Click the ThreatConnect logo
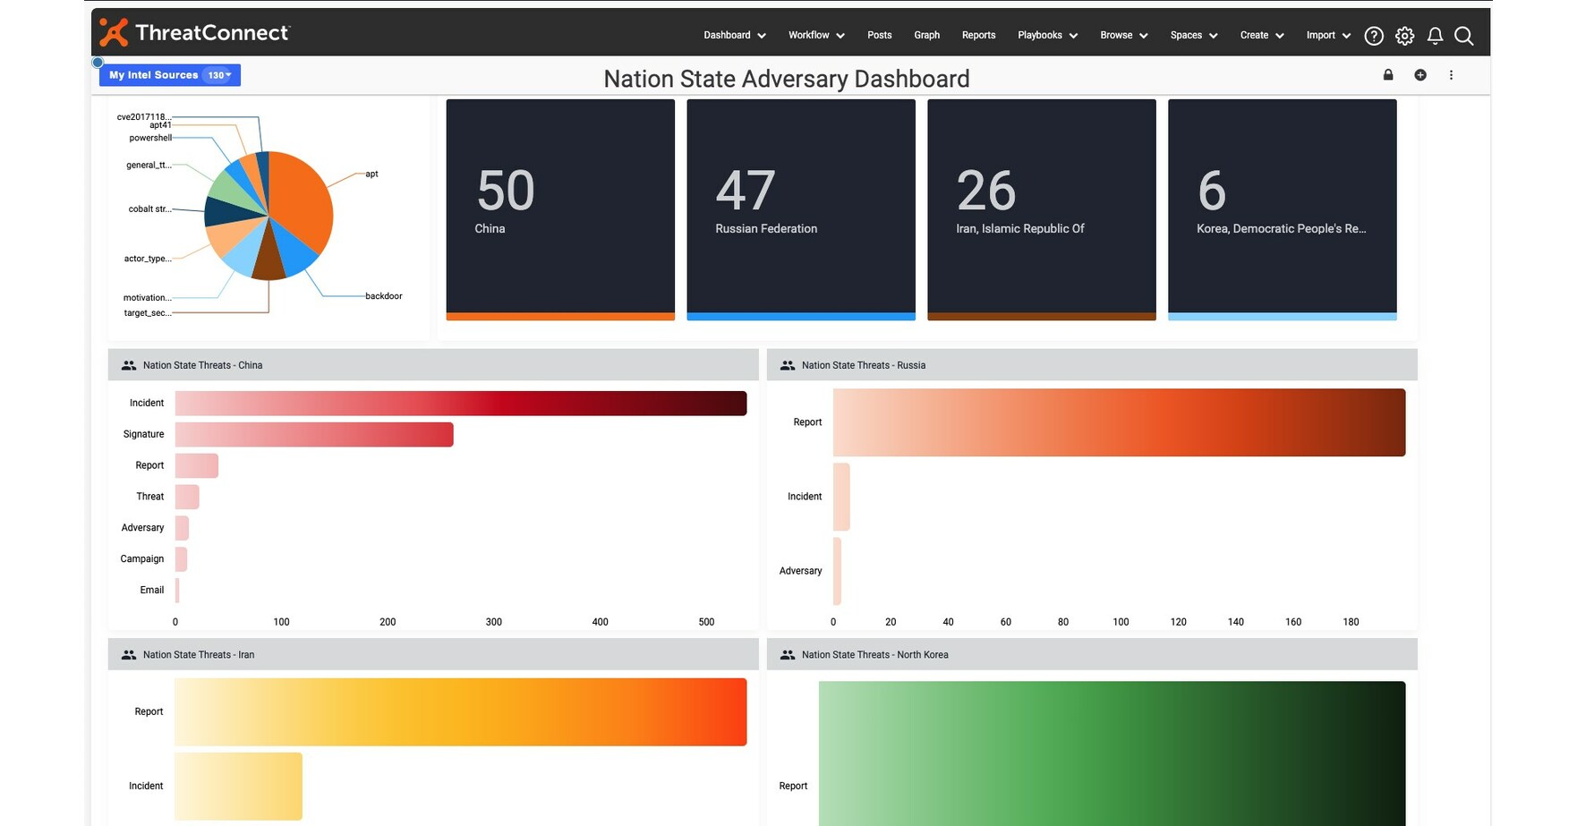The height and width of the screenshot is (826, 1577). tap(194, 33)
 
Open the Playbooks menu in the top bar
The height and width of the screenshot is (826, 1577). tap(1047, 36)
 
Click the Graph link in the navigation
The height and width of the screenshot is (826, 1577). tap(926, 36)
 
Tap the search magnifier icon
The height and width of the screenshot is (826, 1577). tap(1463, 36)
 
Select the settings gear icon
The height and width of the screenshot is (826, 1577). tap(1404, 36)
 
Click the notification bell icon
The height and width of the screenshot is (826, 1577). tap(1435, 36)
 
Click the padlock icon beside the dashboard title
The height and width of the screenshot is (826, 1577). tap(1388, 75)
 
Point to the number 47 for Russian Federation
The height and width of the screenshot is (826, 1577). tap(745, 191)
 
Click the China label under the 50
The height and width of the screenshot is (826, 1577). tap(490, 229)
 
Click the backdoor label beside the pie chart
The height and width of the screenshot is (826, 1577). tap(383, 296)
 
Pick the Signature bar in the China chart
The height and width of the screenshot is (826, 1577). tap(313, 435)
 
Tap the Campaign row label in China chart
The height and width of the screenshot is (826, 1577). tap(142, 559)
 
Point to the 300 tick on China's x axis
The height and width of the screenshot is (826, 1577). tap(493, 622)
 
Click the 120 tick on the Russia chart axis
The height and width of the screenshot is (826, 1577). tap(1178, 622)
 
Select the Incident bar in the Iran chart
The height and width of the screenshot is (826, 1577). tap(238, 786)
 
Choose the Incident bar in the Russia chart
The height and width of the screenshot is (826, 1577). tap(841, 497)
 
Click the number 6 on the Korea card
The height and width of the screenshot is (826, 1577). tap(1211, 191)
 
